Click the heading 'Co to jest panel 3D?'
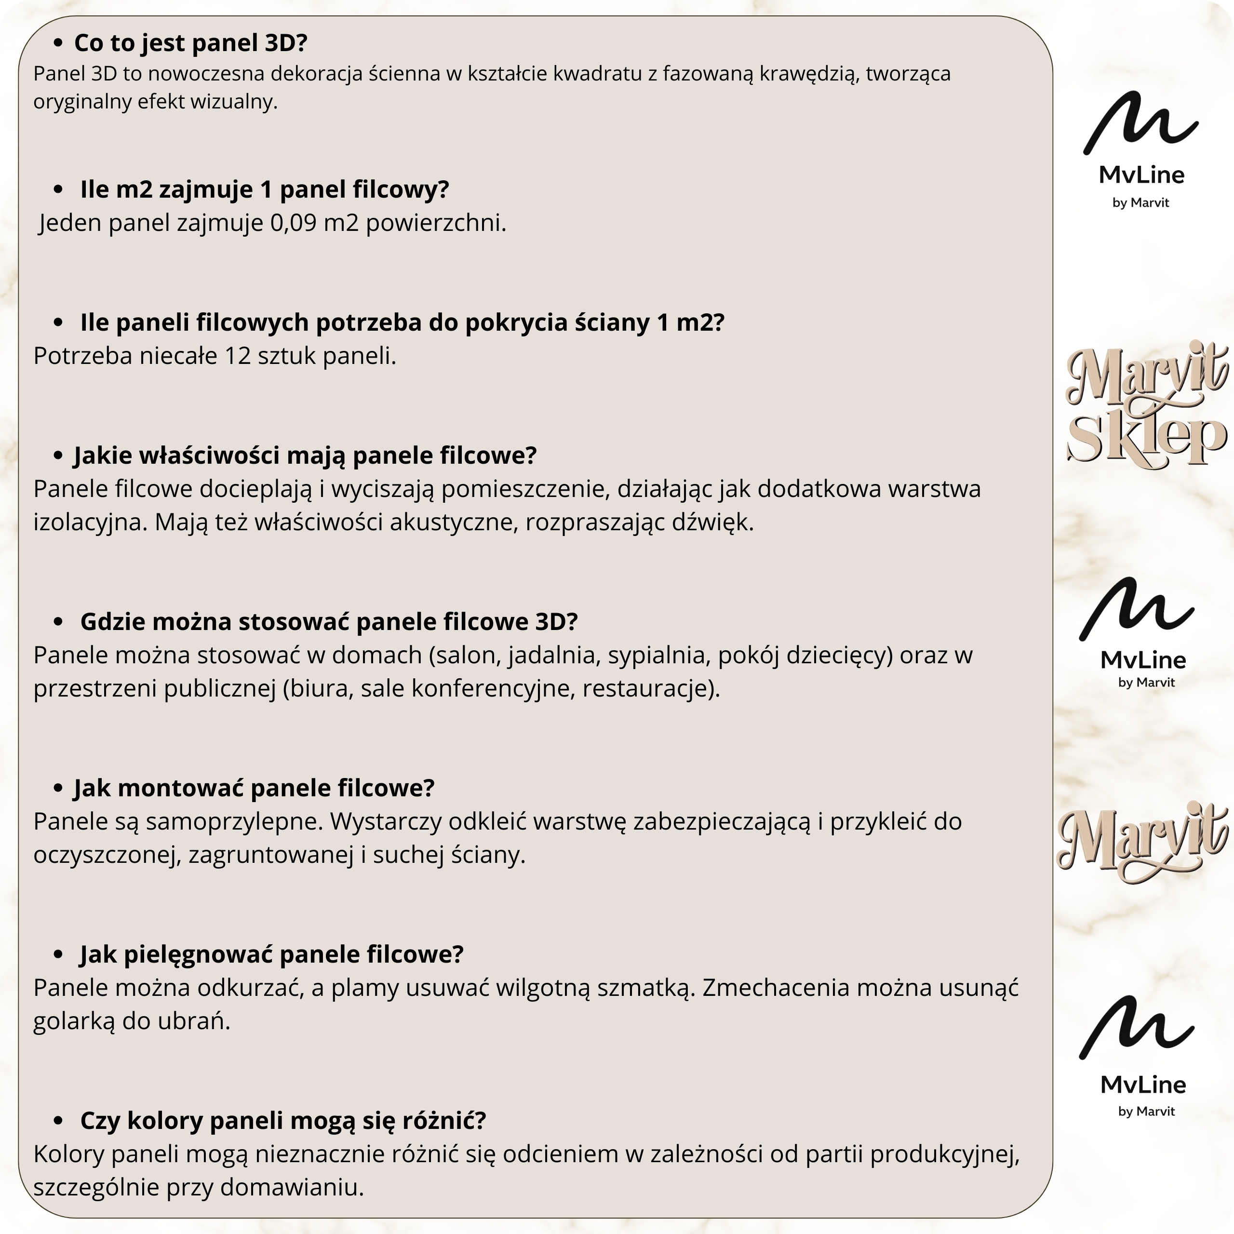[x=190, y=43]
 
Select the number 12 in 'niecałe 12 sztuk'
[x=238, y=356]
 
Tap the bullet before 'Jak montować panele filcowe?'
[x=58, y=788]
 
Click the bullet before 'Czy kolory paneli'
[x=58, y=1121]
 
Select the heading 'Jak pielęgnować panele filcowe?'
[x=271, y=954]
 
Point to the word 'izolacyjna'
[x=90, y=523]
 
